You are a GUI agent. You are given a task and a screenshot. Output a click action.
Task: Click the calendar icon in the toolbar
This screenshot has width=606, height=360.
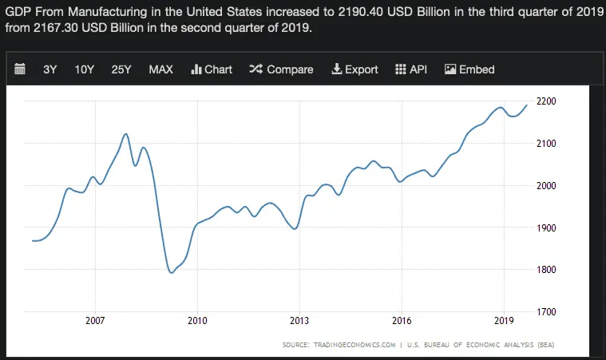[x=21, y=69]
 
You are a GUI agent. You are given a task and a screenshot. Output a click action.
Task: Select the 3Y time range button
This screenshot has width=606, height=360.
[x=50, y=69]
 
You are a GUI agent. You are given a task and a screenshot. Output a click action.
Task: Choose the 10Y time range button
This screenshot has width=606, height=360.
[x=85, y=69]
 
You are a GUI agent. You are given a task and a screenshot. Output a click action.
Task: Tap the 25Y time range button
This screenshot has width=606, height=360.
[x=121, y=69]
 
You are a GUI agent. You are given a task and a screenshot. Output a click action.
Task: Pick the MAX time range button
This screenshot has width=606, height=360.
[x=160, y=69]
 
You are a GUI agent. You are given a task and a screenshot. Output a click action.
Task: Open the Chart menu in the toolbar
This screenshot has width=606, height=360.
[x=212, y=69]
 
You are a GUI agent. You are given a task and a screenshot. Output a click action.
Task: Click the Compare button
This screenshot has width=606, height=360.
[x=281, y=69]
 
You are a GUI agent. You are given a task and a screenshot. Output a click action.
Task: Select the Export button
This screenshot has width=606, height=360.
[x=354, y=69]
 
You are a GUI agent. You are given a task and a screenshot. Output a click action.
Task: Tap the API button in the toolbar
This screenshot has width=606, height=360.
[x=411, y=69]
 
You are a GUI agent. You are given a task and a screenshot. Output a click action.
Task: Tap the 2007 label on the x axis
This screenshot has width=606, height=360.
[x=95, y=321]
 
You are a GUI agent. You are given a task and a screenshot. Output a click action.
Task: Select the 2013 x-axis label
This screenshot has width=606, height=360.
[x=299, y=321]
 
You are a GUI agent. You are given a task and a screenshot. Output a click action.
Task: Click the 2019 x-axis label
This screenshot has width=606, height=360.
[x=504, y=321]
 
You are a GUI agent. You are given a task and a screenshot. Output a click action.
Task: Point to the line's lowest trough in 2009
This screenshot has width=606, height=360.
[x=171, y=273]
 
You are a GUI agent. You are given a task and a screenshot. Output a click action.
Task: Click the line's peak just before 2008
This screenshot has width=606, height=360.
[x=126, y=134]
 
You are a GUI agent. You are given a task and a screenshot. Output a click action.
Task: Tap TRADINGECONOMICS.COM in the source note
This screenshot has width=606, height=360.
[x=356, y=346]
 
